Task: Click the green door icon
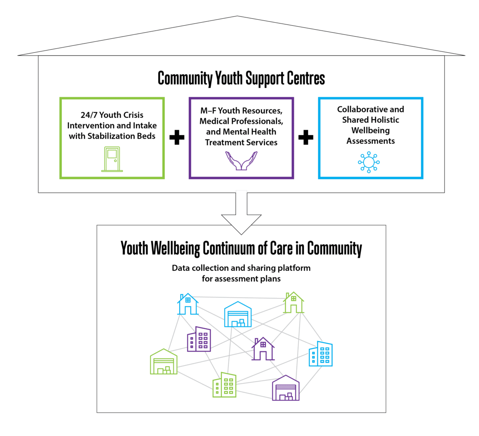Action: point(112,159)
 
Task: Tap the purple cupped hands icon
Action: point(241,161)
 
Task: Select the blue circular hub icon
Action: point(369,162)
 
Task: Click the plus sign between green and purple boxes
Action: point(177,137)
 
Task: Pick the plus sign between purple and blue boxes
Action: point(306,137)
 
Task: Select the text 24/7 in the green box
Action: point(89,115)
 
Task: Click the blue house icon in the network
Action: point(188,304)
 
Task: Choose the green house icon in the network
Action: point(294,302)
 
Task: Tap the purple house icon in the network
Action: point(263,349)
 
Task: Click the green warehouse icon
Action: point(164,361)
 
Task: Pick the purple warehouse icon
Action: point(285,388)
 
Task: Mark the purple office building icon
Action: point(199,339)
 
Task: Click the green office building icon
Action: point(224,385)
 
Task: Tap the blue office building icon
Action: point(321,354)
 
